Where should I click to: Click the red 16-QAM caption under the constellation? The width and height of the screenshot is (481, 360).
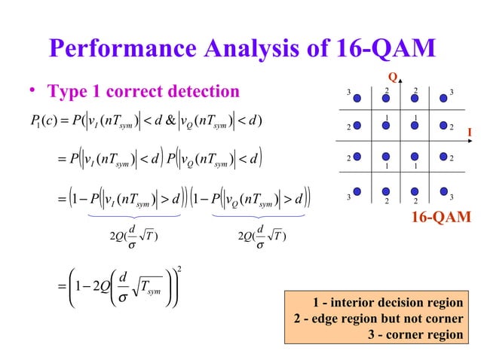(440, 218)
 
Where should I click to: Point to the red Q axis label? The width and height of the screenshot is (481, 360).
(391, 78)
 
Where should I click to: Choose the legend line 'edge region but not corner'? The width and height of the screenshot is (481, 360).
(378, 319)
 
